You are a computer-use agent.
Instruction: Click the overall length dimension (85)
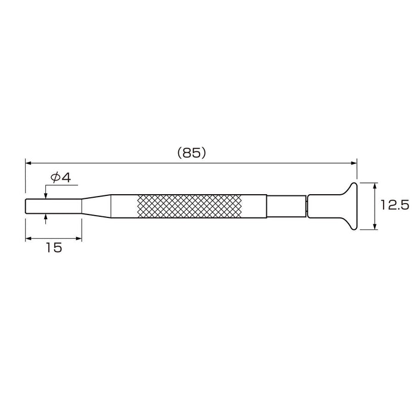point(191,153)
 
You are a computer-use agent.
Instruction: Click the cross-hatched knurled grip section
point(189,206)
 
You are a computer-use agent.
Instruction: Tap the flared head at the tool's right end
point(348,206)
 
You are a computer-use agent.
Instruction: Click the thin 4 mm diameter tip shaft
point(53,206)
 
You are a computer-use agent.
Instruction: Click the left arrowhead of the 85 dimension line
point(28,161)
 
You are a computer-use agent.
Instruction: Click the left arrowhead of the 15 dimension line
point(28,239)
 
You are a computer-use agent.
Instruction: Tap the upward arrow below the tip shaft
point(46,216)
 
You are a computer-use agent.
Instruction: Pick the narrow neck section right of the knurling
point(286,206)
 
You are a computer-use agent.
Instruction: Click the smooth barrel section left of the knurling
point(125,206)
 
